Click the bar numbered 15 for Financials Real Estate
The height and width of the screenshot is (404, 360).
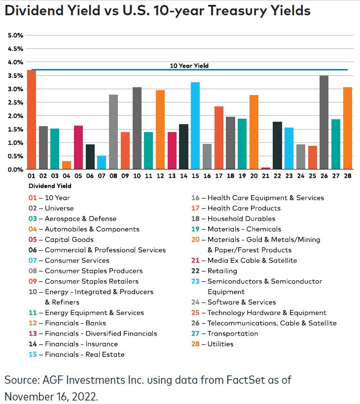(x=195, y=126)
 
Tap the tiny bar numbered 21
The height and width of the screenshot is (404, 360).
(x=265, y=168)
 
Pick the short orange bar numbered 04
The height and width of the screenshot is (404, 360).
(x=66, y=165)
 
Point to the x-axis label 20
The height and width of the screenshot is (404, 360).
(x=253, y=176)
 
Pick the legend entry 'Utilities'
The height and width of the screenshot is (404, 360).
(x=220, y=344)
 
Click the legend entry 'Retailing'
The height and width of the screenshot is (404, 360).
(x=222, y=270)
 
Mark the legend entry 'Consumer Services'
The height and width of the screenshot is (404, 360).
(x=77, y=260)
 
